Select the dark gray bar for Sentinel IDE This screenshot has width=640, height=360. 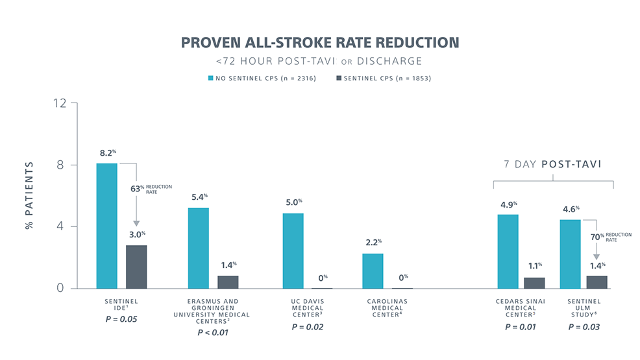pyautogui.click(x=136, y=267)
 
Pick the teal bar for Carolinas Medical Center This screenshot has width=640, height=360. pyautogui.click(x=373, y=270)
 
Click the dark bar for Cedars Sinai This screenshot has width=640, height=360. pyautogui.click(x=534, y=283)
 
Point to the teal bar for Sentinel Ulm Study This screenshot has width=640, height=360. pyautogui.click(x=571, y=254)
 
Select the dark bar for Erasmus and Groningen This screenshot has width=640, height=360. pyautogui.click(x=228, y=282)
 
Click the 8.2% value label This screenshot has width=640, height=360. pyautogui.click(x=107, y=153)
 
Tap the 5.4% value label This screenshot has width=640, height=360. pyautogui.click(x=199, y=197)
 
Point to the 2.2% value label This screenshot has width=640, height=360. pyautogui.click(x=373, y=242)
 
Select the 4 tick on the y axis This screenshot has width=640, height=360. pyautogui.click(x=62, y=226)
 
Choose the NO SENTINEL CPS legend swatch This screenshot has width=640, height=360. pyautogui.click(x=210, y=78)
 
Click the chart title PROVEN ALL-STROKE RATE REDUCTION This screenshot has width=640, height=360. pyautogui.click(x=319, y=43)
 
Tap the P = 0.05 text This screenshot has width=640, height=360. pyautogui.click(x=121, y=318)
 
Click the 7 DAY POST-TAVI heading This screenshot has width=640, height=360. pyautogui.click(x=552, y=164)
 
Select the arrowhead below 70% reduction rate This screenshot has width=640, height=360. pyautogui.click(x=596, y=257)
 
